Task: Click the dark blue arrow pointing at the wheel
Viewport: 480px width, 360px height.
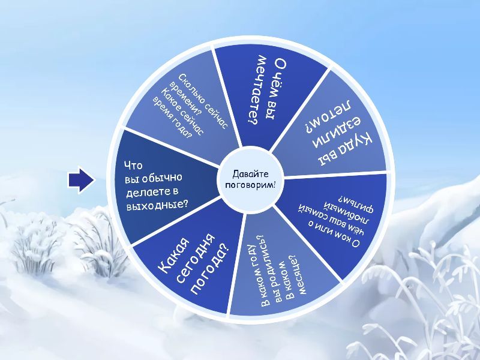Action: click(x=81, y=179)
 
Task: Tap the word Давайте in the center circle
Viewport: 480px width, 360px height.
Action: click(x=250, y=174)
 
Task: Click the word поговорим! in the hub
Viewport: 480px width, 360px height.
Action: click(x=250, y=185)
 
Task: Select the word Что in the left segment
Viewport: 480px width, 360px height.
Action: click(x=133, y=166)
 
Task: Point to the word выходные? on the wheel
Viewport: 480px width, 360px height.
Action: click(x=157, y=205)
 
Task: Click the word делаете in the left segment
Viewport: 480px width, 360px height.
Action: click(x=146, y=192)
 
